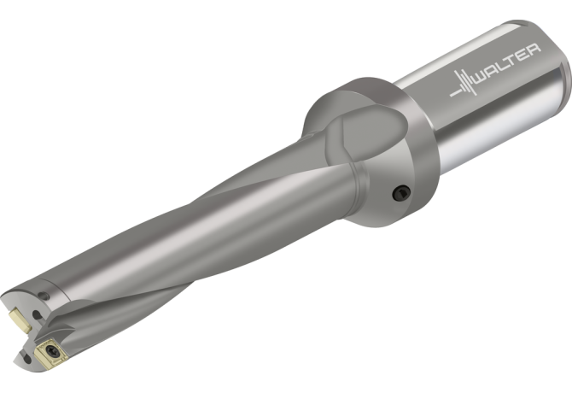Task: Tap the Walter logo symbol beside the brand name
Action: click(x=464, y=84)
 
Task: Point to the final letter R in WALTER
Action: click(x=534, y=50)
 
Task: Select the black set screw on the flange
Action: click(x=401, y=193)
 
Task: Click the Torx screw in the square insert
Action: click(x=51, y=350)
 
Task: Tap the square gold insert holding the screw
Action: click(x=51, y=351)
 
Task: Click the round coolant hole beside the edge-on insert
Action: click(x=37, y=314)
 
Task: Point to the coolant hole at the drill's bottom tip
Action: click(x=27, y=358)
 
